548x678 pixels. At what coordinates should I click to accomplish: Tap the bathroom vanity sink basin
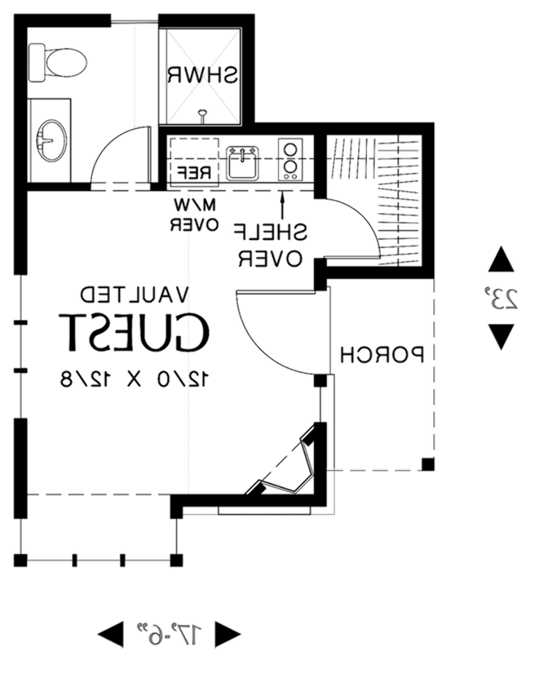tap(52, 140)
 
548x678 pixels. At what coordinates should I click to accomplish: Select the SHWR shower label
tap(203, 75)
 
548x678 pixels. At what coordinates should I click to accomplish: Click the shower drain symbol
tap(202, 115)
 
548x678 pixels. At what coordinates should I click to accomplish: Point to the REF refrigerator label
tap(194, 172)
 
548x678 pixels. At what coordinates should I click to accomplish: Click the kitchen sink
tap(243, 163)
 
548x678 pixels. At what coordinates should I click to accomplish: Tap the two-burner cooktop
tap(290, 159)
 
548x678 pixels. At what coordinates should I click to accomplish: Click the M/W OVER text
tap(194, 214)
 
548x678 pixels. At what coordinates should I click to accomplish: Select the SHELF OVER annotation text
tap(271, 245)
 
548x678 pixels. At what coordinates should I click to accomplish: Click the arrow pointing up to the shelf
tap(282, 205)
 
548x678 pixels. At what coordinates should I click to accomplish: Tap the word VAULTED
tap(134, 294)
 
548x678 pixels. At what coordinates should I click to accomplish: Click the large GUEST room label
tap(134, 332)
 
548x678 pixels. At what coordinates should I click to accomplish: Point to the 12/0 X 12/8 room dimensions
tap(134, 379)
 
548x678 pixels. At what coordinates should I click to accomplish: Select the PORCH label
tap(382, 355)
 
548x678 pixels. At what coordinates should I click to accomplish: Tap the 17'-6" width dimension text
tap(169, 635)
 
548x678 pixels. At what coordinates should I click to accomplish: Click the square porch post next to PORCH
tap(428, 464)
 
